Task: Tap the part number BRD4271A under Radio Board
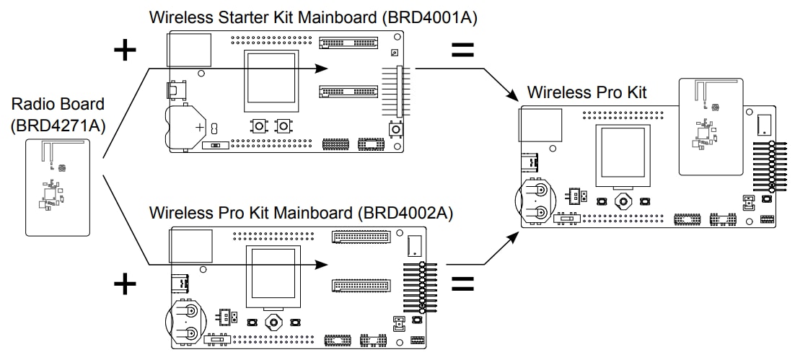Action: point(58,126)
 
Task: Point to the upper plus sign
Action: point(125,50)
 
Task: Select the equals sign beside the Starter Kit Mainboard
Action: point(462,50)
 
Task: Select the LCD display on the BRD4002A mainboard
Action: point(272,274)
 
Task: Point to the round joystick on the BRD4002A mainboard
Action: point(273,321)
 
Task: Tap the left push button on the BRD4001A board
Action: point(258,126)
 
